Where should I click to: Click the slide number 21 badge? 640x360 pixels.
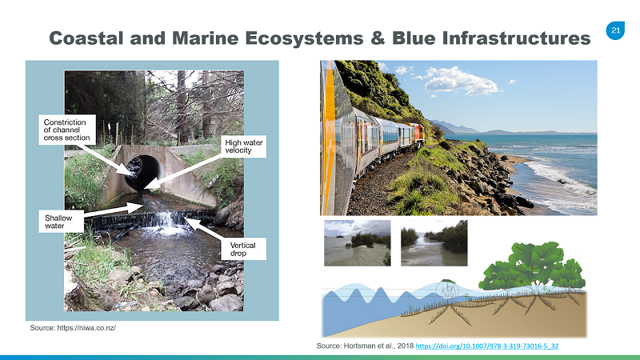tap(615, 30)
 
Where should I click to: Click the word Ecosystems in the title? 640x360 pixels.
tap(304, 38)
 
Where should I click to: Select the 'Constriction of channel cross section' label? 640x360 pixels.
tap(67, 130)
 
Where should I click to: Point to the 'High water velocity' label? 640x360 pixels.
tap(244, 146)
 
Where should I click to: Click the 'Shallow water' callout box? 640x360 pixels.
tap(62, 222)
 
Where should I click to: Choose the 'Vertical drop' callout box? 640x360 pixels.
tap(244, 249)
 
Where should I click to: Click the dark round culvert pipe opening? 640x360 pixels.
tap(144, 172)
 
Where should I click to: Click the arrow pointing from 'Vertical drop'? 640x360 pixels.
tap(204, 229)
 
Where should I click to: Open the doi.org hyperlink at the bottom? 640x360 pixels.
tap(487, 346)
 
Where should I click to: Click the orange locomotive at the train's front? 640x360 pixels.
tap(418, 133)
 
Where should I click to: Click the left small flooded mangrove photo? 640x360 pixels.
tap(358, 243)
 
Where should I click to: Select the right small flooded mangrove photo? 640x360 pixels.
tap(434, 243)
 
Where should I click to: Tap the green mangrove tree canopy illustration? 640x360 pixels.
tap(533, 266)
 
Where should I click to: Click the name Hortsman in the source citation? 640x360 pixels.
tap(360, 346)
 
